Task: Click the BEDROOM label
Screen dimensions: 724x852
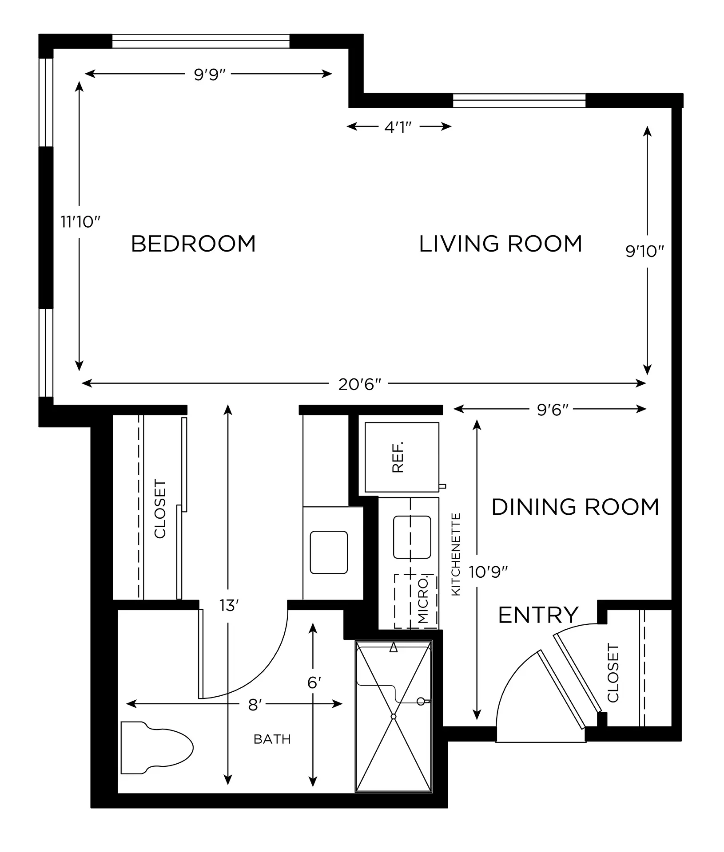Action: (x=194, y=244)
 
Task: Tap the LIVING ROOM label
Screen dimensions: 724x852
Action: (x=501, y=244)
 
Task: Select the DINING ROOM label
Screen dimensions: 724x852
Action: (x=575, y=507)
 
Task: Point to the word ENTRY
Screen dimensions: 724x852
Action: (x=538, y=615)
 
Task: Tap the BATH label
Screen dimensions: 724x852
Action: (x=272, y=739)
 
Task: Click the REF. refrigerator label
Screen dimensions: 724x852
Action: (x=398, y=457)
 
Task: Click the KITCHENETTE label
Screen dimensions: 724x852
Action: (x=456, y=554)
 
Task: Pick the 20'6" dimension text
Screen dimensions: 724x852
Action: (x=360, y=384)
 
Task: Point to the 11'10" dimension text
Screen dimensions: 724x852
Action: (x=81, y=221)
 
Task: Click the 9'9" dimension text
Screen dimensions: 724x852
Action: (x=210, y=74)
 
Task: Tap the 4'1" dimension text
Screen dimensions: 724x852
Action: (x=399, y=127)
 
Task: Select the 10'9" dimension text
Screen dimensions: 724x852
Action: (x=488, y=572)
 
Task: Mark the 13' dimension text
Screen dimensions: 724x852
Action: (x=229, y=605)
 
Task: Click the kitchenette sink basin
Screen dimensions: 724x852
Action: (x=412, y=537)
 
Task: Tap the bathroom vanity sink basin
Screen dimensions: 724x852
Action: (x=329, y=552)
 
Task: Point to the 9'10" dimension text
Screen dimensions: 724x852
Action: (x=644, y=252)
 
